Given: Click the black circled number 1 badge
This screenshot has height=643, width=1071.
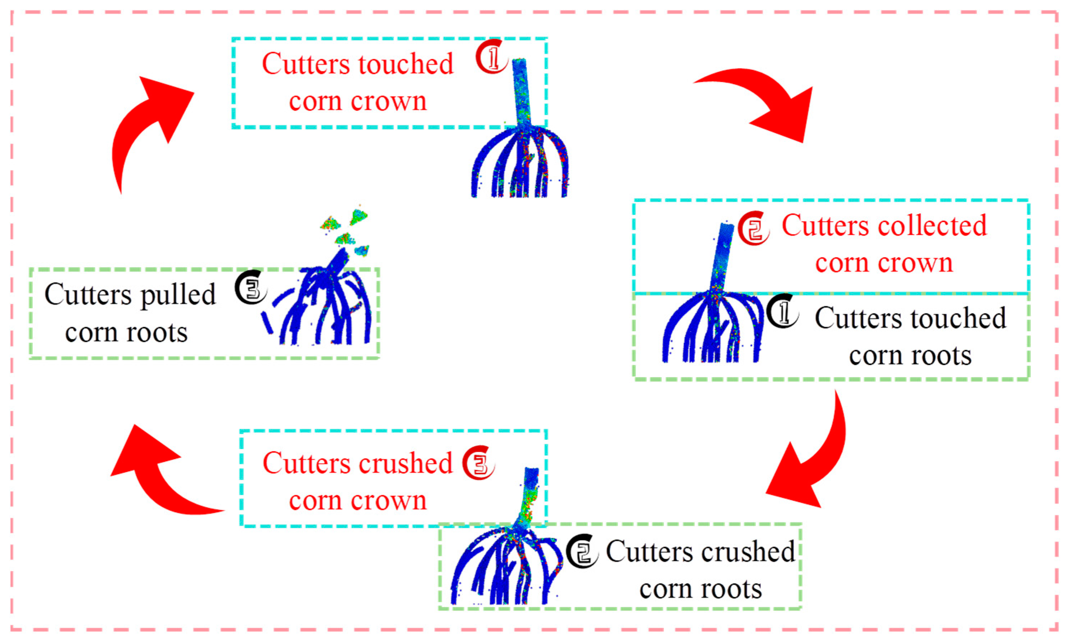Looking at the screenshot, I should [782, 311].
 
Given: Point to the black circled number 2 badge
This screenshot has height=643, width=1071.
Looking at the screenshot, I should [582, 551].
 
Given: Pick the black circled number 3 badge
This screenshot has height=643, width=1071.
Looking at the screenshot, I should [251, 287].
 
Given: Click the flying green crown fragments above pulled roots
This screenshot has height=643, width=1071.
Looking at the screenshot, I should [347, 230].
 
